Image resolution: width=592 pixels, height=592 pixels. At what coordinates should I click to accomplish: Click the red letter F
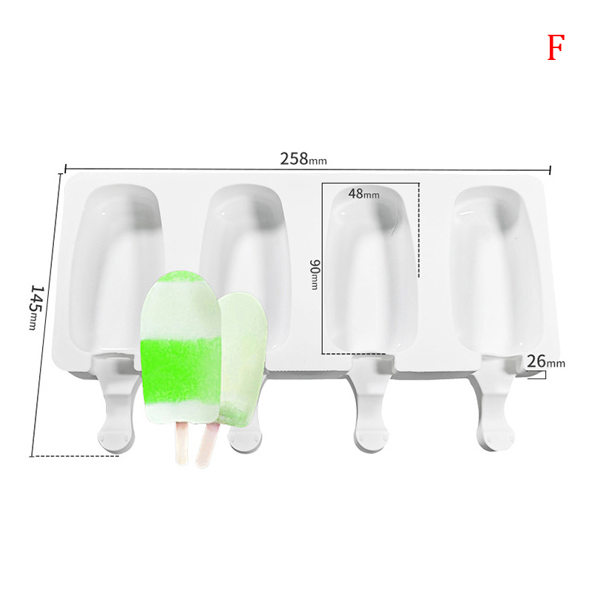coord(556,47)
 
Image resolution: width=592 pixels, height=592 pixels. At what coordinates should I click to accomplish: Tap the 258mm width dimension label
coord(303,159)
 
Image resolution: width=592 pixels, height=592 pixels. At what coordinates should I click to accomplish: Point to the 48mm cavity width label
coord(363,194)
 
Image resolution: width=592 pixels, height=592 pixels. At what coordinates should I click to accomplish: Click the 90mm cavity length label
coord(314,275)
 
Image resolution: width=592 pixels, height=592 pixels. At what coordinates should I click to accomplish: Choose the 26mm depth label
coord(545,362)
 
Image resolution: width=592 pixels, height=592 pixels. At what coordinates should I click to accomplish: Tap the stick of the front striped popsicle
coord(181,443)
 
